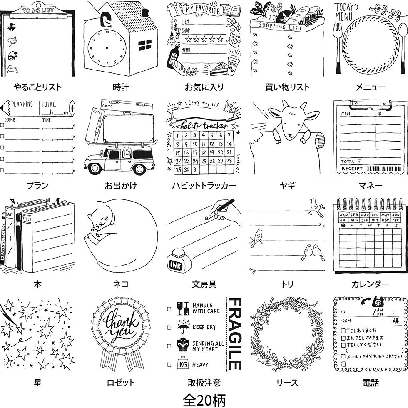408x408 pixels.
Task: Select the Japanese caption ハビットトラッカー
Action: click(204, 186)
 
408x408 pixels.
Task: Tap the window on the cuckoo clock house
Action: click(145, 45)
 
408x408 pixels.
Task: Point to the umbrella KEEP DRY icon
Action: click(182, 327)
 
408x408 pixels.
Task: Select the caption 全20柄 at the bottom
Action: click(204, 400)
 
